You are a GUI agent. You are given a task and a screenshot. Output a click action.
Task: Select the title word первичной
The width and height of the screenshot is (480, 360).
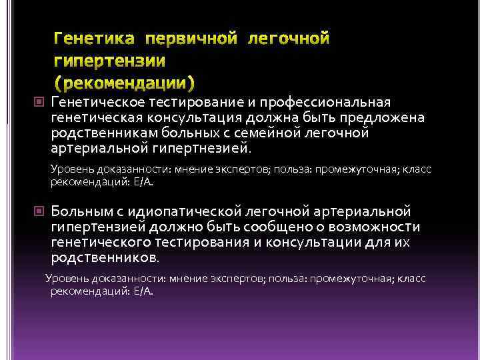pyautogui.click(x=189, y=39)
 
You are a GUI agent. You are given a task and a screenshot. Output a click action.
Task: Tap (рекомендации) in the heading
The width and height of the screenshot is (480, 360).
pyautogui.click(x=125, y=84)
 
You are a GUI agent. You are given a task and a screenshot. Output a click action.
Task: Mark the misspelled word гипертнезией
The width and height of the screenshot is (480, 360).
pyautogui.click(x=203, y=147)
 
